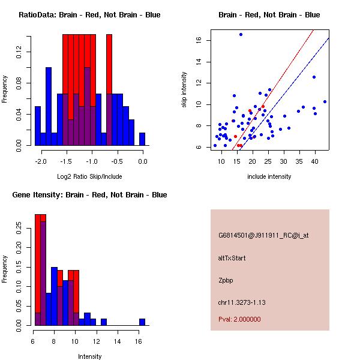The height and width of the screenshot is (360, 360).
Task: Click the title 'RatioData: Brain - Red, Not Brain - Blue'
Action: point(89,15)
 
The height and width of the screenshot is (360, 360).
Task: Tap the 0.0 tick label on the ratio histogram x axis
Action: point(143,161)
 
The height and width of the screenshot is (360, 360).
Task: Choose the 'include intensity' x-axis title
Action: point(269,177)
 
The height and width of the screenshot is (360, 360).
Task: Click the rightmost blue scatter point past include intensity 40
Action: point(325,101)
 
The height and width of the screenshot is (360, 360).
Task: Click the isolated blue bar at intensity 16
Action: point(142,322)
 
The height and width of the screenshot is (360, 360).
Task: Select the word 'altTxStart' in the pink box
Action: point(232,258)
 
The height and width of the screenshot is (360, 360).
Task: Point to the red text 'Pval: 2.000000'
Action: point(239,319)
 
